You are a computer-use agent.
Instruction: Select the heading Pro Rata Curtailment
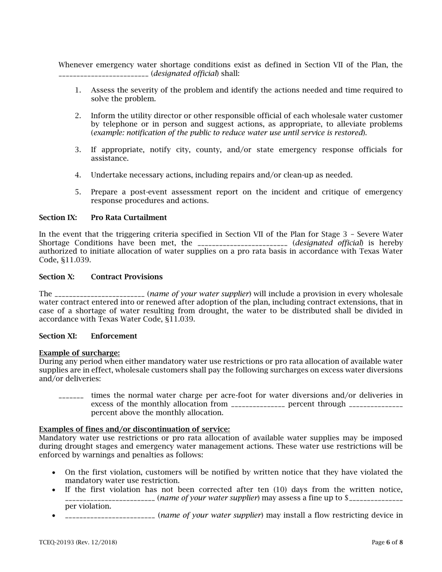(x=128, y=218)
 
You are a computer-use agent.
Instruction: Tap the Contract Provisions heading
(x=127, y=277)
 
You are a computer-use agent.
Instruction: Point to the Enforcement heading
(x=114, y=336)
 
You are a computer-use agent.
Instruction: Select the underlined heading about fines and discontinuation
(x=134, y=429)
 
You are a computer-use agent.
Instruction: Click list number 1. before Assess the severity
(x=78, y=90)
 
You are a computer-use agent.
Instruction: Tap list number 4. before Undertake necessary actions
(x=78, y=175)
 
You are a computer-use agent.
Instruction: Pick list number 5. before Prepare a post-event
(x=78, y=192)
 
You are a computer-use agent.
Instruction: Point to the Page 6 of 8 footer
(x=387, y=542)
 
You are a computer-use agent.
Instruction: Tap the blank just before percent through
(x=257, y=405)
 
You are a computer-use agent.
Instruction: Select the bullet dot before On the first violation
(x=54, y=472)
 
